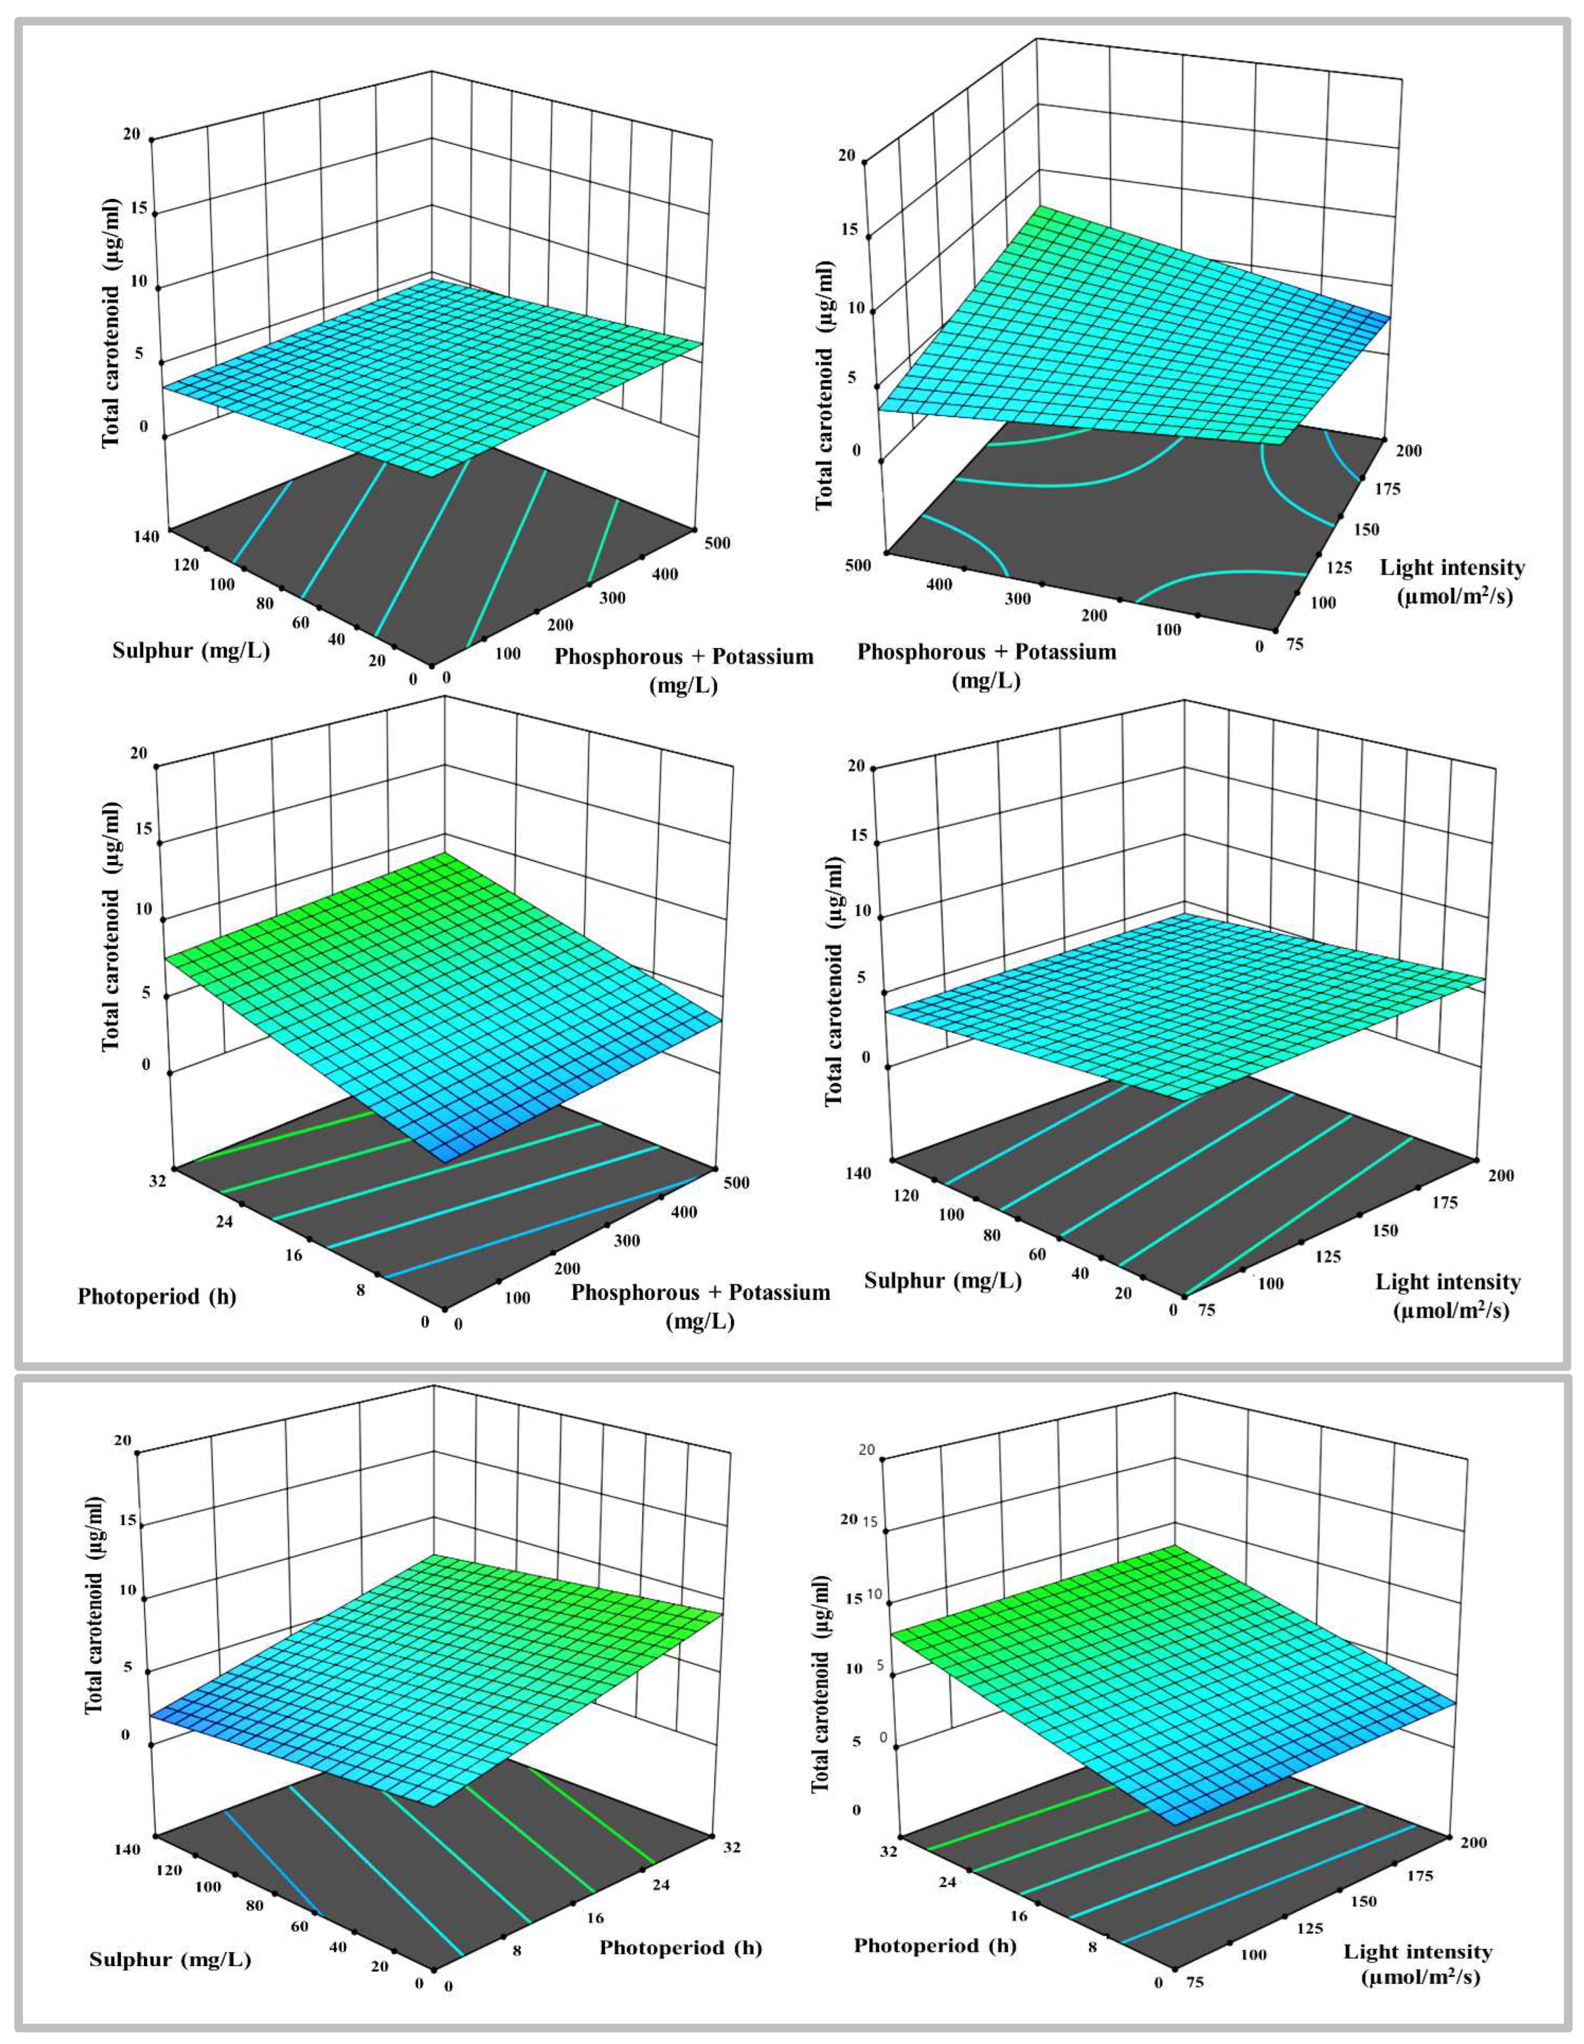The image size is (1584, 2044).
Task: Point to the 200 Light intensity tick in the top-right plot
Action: click(x=1408, y=450)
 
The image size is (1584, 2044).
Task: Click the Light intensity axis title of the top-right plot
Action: click(x=1452, y=581)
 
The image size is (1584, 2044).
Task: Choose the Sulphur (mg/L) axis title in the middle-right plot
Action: click(x=942, y=1280)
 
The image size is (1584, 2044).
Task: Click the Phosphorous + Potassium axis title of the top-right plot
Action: click(x=986, y=665)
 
